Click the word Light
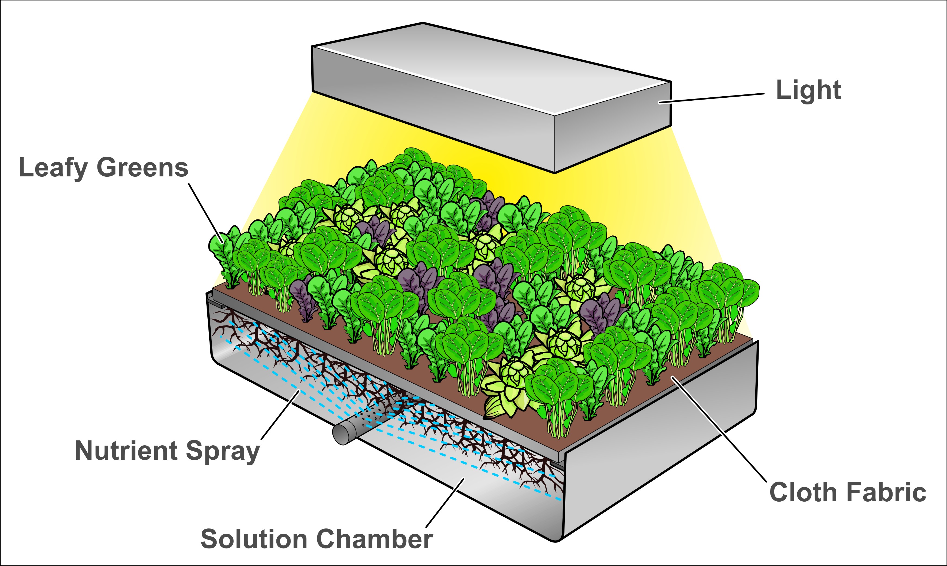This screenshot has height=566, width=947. click(808, 91)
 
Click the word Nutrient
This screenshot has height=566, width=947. click(126, 450)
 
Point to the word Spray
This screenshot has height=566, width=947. click(223, 452)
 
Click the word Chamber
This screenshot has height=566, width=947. click(375, 539)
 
